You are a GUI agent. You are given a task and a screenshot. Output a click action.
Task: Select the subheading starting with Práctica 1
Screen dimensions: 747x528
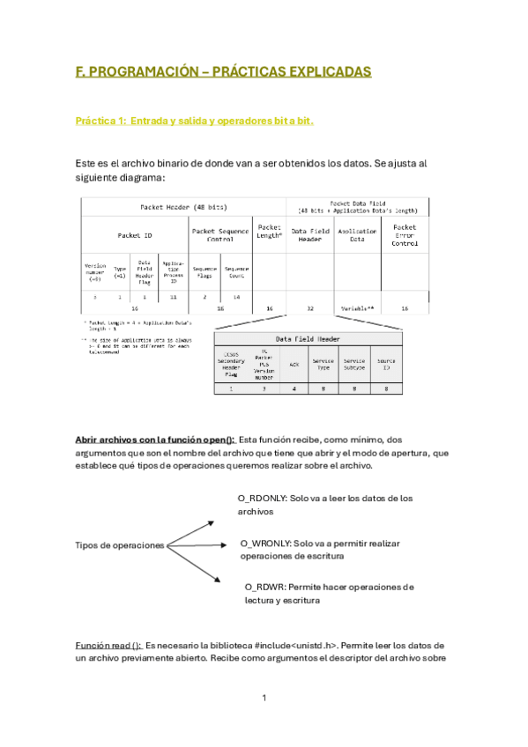(x=194, y=121)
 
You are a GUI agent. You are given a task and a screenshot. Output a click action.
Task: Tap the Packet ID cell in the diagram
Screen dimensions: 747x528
(x=134, y=235)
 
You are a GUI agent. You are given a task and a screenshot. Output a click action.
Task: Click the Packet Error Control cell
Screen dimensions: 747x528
(x=405, y=235)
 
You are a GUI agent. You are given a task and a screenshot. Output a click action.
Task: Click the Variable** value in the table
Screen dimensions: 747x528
(x=357, y=308)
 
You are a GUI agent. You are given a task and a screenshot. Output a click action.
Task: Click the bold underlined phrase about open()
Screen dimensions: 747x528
(x=154, y=439)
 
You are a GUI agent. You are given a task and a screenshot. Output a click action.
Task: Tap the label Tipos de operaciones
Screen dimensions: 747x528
(x=119, y=545)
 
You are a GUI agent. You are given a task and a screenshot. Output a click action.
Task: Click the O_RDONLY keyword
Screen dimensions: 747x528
(x=264, y=498)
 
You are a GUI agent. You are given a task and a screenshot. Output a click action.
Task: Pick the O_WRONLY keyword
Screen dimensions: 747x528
(x=266, y=544)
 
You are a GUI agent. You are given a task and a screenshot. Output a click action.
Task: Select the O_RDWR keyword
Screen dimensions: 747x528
(x=263, y=587)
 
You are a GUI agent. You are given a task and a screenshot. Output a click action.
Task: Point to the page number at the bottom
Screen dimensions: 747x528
(x=264, y=698)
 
